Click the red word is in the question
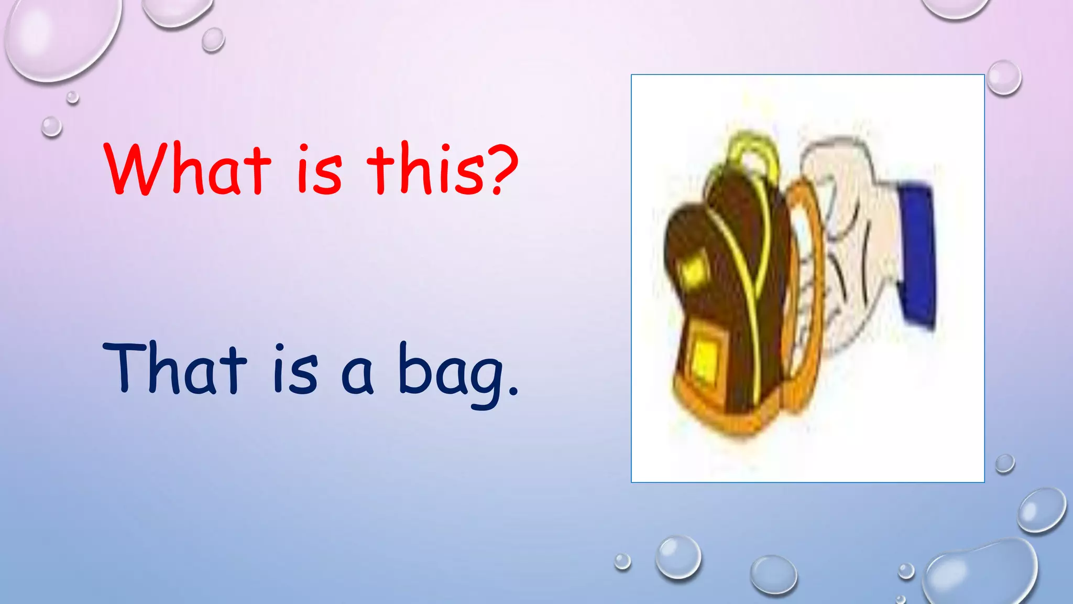(x=320, y=171)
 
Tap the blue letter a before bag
(x=357, y=375)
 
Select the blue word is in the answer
(x=296, y=369)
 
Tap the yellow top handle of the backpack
(x=752, y=149)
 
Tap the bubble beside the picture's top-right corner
(x=1004, y=78)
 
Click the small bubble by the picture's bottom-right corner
(x=1004, y=463)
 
